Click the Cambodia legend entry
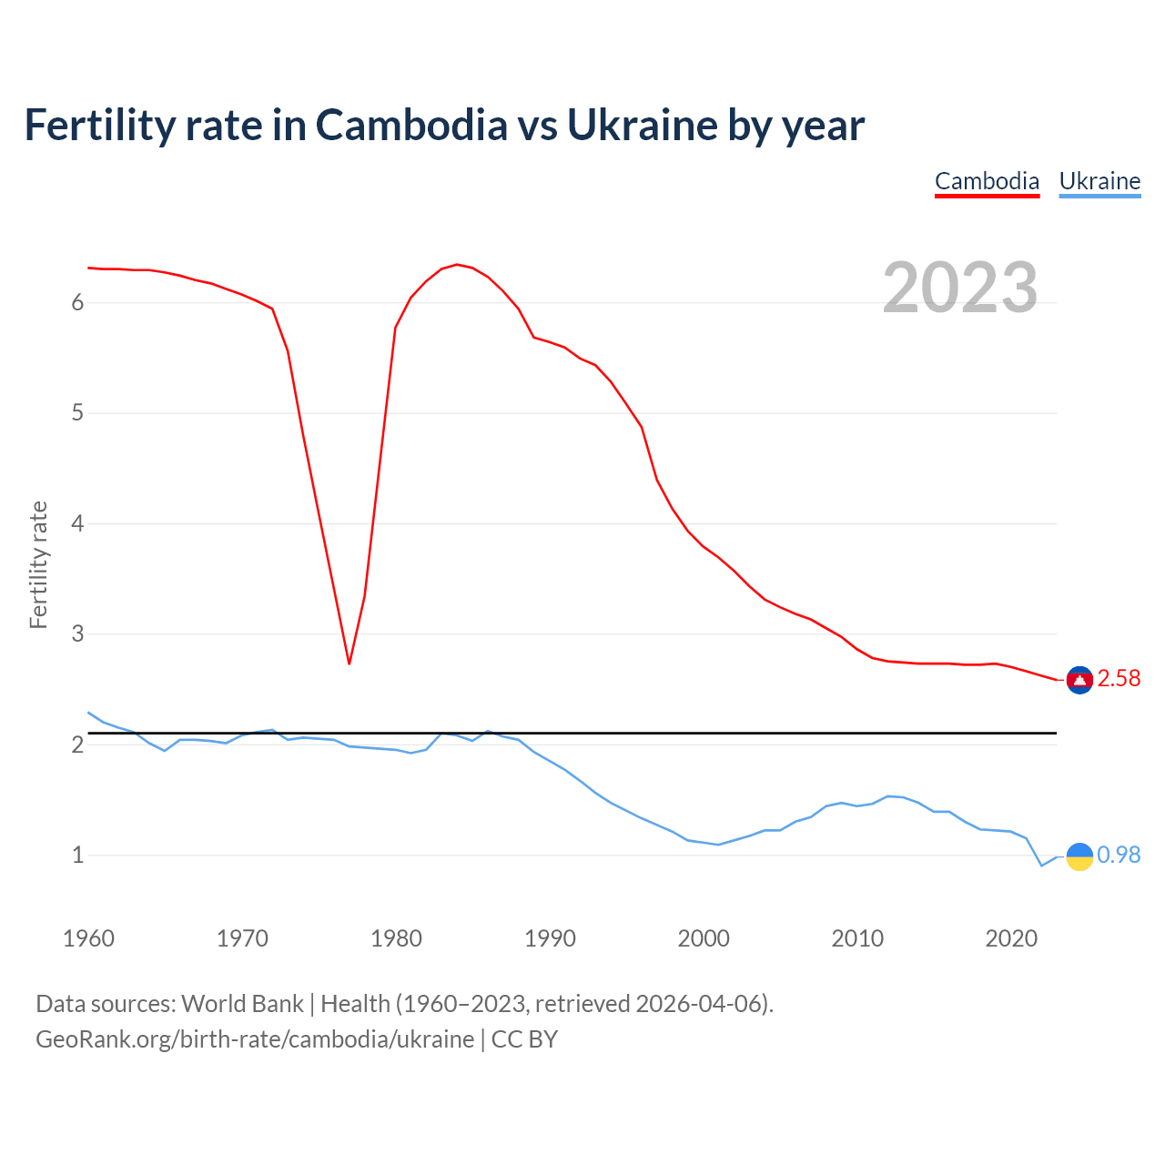(987, 181)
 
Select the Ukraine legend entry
(1099, 181)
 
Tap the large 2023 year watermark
(960, 288)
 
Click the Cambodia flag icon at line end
(1079, 680)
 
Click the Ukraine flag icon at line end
(1079, 856)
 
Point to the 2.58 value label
(1119, 679)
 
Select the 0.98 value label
(1119, 856)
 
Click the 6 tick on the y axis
(77, 303)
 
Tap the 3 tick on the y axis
(77, 634)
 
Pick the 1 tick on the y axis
(77, 856)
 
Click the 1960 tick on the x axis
(88, 938)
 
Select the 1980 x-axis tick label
(396, 938)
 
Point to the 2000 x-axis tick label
(704, 938)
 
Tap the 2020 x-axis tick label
(1011, 938)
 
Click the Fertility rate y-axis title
(38, 564)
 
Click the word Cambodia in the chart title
(411, 126)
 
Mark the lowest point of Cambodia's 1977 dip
(349, 664)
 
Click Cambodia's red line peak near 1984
(456, 265)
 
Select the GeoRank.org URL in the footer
(255, 1039)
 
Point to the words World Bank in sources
(242, 1004)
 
